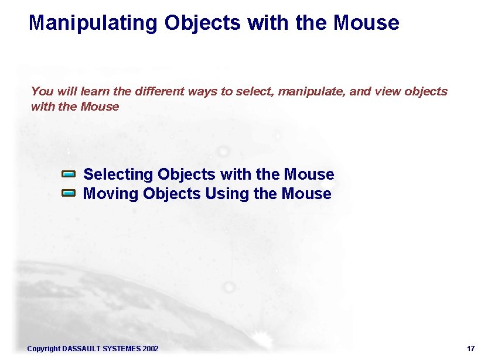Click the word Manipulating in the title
click(x=93, y=23)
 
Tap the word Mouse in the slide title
click(x=366, y=23)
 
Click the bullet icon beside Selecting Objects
click(x=69, y=174)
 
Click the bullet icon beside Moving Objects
click(x=69, y=193)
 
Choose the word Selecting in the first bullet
click(x=118, y=174)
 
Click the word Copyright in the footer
click(x=43, y=349)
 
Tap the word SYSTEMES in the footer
click(x=121, y=349)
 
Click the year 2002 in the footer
click(x=150, y=349)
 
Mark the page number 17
click(x=471, y=349)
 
